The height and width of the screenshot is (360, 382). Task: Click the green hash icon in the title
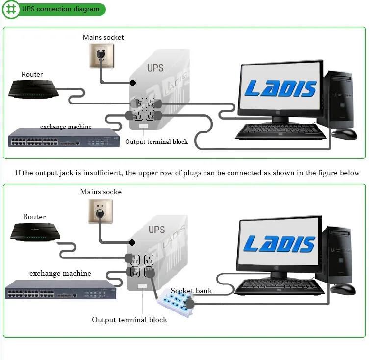(11, 9)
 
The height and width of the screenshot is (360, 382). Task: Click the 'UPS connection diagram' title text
(60, 9)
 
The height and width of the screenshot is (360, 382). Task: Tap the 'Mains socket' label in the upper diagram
(103, 37)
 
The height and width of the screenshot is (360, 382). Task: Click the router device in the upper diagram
(33, 89)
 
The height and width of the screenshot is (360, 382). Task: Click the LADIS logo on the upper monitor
(280, 89)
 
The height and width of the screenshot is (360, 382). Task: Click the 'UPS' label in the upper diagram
(155, 68)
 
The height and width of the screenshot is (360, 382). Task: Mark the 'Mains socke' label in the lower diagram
(101, 192)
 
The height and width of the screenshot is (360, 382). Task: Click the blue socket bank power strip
(177, 305)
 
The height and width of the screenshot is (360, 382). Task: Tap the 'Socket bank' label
(191, 291)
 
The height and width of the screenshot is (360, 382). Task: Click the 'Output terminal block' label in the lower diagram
(129, 320)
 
